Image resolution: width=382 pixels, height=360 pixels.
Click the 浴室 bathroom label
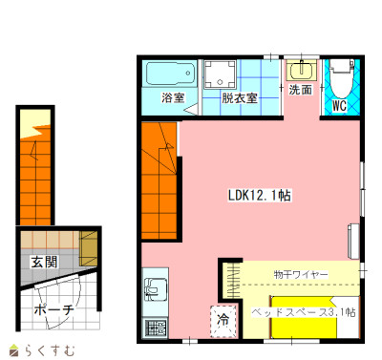point(173,97)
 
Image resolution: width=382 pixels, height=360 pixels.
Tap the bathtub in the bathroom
point(171,74)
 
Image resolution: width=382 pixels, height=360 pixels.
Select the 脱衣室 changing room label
point(240,98)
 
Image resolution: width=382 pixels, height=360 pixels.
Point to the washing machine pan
point(220,74)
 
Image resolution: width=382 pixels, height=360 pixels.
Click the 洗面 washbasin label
point(300,90)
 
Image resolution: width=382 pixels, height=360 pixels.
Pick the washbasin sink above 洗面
point(301,70)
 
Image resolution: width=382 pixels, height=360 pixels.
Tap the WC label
point(339,106)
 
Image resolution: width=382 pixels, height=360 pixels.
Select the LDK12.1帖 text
point(259,195)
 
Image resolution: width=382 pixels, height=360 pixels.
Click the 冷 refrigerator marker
point(223,319)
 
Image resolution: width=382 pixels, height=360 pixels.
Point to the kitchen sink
point(156,289)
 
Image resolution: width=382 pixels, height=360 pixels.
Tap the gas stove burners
point(156,328)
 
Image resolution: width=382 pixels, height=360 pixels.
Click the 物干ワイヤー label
point(301,274)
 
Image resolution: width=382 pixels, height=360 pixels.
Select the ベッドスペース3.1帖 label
point(304,312)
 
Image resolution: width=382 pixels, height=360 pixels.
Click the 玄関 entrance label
point(44,262)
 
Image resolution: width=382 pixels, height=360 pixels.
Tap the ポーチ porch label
point(53,309)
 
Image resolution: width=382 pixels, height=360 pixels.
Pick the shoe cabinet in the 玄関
point(88,248)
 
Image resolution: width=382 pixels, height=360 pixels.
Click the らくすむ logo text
point(49,350)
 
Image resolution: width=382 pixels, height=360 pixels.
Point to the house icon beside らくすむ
point(13,350)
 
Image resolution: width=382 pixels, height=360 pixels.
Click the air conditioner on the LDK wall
point(353,241)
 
